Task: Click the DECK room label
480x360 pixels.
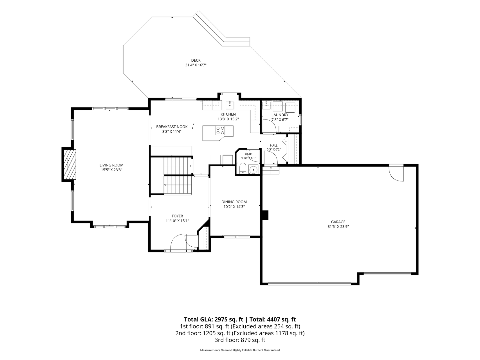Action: (196, 60)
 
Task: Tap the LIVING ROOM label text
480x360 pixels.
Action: (111, 165)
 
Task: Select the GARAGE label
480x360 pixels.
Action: (338, 222)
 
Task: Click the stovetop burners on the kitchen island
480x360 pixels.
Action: (220, 130)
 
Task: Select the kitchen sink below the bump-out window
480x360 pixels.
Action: (230, 105)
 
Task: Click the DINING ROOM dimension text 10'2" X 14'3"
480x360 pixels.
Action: (234, 206)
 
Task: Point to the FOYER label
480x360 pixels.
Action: (177, 216)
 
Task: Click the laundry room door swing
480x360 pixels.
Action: (269, 126)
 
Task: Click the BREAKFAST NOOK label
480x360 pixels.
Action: (172, 127)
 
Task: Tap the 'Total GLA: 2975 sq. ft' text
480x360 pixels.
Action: (214, 319)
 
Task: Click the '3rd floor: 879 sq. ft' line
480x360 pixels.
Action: (240, 340)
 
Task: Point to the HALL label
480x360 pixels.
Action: (274, 145)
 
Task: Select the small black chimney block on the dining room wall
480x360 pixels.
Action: (265, 215)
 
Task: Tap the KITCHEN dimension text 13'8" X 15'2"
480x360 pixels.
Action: (228, 119)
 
